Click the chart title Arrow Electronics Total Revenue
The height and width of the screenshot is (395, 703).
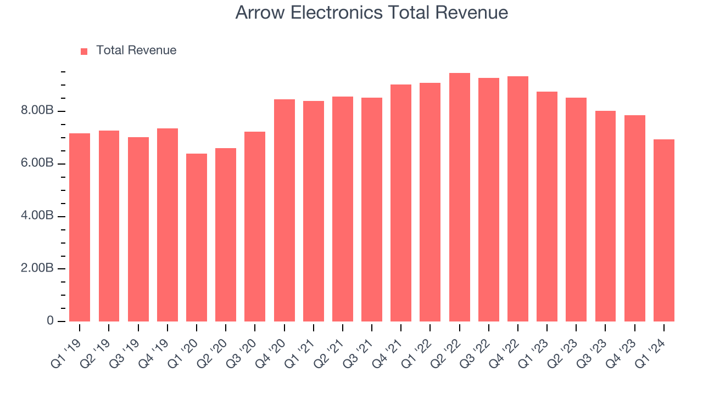tap(371, 13)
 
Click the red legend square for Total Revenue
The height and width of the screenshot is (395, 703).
tap(84, 51)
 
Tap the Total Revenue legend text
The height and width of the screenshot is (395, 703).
tap(136, 50)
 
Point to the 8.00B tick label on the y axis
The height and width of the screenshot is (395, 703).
tap(38, 111)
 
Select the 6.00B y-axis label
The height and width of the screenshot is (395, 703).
tap(38, 163)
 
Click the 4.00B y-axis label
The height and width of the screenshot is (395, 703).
tap(38, 216)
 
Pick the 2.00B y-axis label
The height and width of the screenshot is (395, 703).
tap(38, 268)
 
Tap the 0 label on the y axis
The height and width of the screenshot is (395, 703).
tap(50, 321)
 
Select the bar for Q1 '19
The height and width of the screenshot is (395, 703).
tap(80, 227)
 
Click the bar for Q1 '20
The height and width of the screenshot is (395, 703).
tap(197, 238)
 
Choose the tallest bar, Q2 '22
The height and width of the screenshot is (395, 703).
tap(459, 197)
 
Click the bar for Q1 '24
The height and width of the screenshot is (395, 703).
tap(663, 230)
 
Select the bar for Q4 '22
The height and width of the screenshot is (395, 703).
tap(517, 199)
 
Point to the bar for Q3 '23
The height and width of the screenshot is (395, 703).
tap(605, 216)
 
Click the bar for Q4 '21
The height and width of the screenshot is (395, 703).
tap(401, 203)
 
